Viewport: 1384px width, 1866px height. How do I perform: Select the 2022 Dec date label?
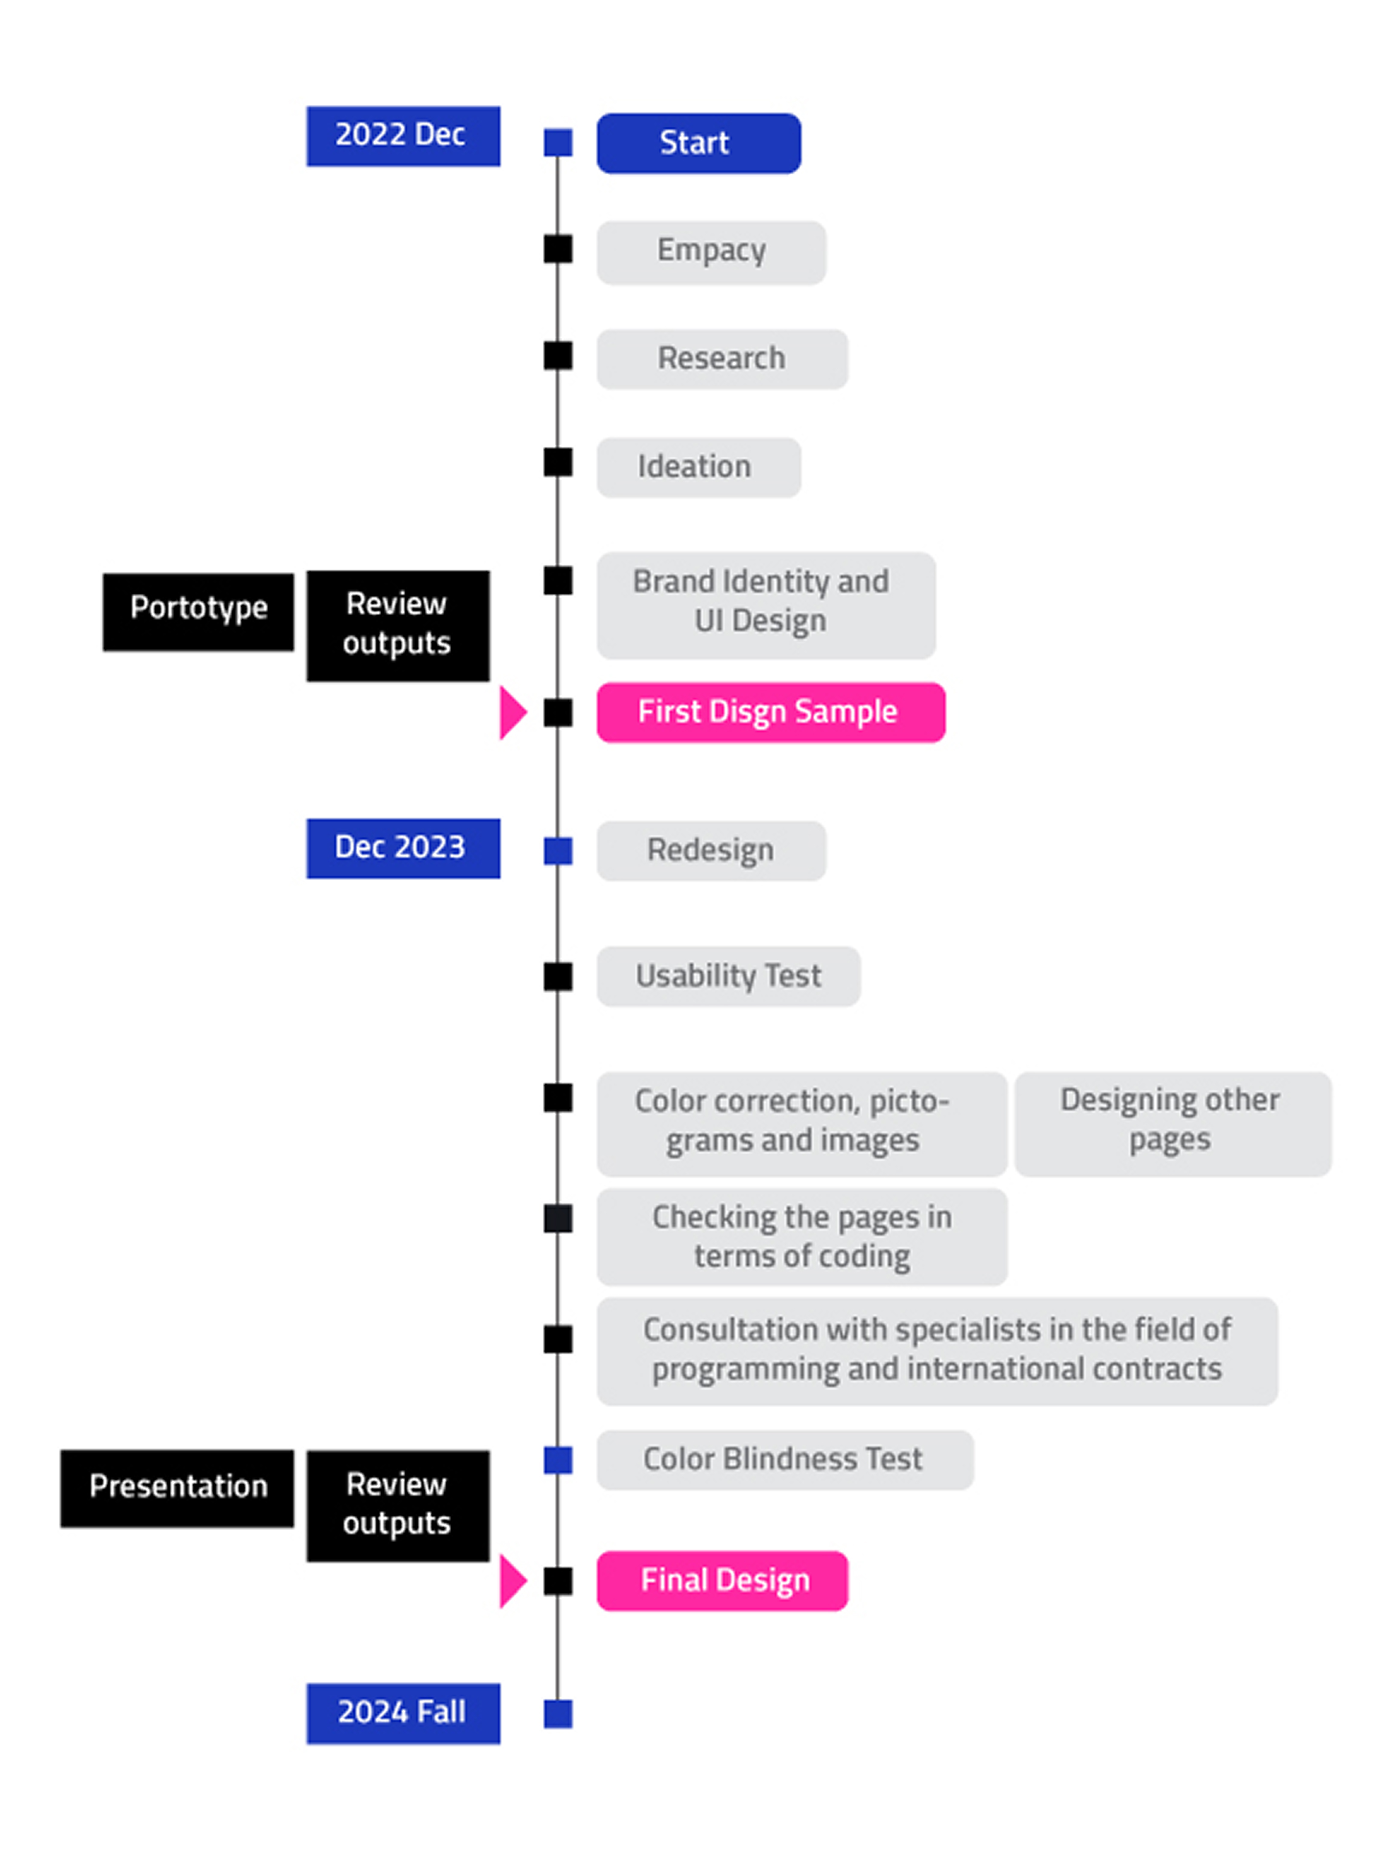tap(403, 136)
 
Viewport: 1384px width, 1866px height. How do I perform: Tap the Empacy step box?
tap(711, 252)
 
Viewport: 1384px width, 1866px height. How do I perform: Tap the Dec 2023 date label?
tap(403, 847)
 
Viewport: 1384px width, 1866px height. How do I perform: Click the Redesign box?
tap(711, 850)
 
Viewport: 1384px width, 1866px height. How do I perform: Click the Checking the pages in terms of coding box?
tap(801, 1236)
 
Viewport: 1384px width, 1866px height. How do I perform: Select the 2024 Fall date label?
tap(403, 1713)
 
